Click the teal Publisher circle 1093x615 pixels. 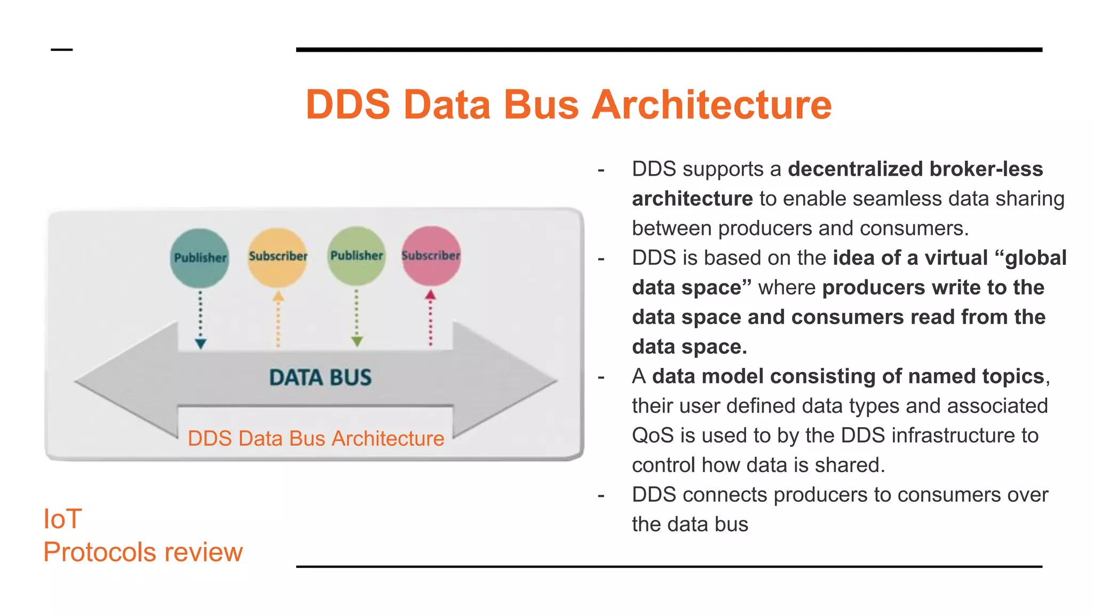pyautogui.click(x=200, y=258)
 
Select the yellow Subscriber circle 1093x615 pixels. pyautogui.click(x=278, y=257)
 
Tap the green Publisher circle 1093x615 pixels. pyautogui.click(x=357, y=256)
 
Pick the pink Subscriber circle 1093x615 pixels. pyautogui.click(x=431, y=256)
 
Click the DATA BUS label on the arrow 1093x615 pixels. pyautogui.click(x=320, y=378)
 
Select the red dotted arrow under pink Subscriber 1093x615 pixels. pyautogui.click(x=431, y=318)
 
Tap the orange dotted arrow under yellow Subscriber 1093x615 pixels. pyautogui.click(x=278, y=319)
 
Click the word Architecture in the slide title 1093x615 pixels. pyautogui.click(x=712, y=105)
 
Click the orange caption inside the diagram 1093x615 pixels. pyautogui.click(x=316, y=439)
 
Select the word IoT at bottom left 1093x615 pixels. pyautogui.click(x=62, y=519)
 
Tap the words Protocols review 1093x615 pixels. pyautogui.click(x=143, y=552)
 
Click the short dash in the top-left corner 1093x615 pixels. pyautogui.click(x=61, y=50)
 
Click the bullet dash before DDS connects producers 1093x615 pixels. pyautogui.click(x=601, y=495)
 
